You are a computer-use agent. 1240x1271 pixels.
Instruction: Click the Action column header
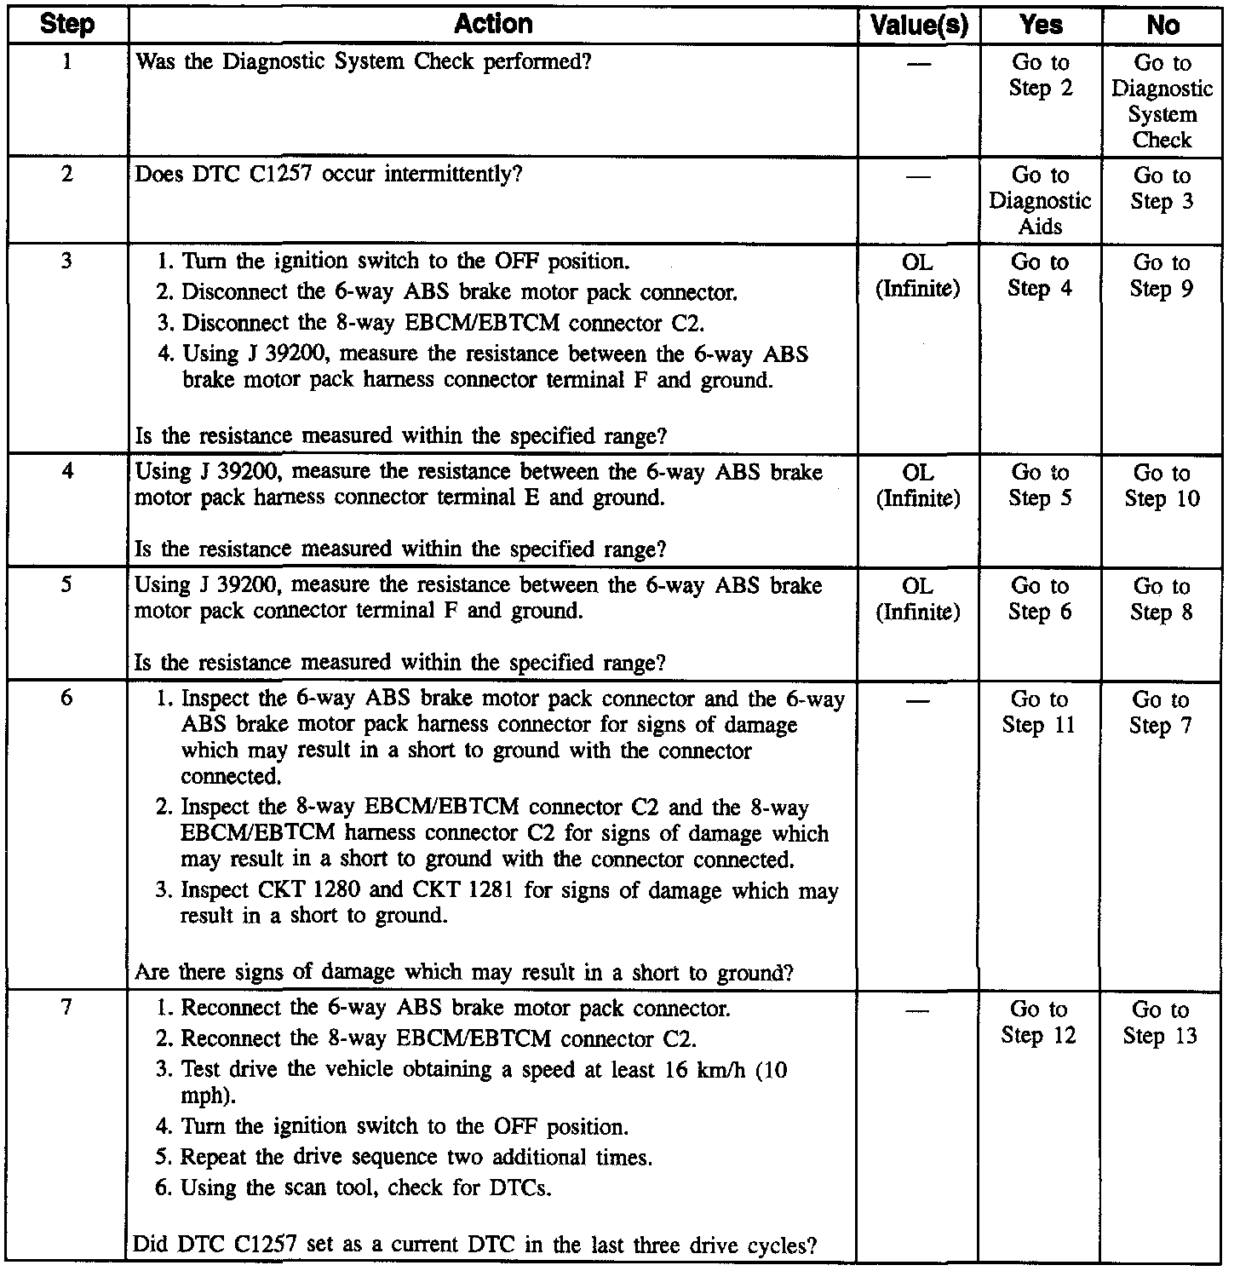(493, 24)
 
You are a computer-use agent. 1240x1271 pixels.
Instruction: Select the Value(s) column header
(919, 26)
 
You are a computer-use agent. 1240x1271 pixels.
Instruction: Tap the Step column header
(66, 25)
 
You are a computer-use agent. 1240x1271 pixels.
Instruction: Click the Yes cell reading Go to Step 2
(1040, 75)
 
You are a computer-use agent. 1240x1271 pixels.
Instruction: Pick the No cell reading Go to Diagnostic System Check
(1162, 101)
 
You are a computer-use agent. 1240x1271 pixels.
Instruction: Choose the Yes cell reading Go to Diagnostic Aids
(1040, 200)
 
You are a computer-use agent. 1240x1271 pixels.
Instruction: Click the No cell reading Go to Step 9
(1162, 275)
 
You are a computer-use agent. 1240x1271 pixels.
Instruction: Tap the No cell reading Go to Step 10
(1162, 486)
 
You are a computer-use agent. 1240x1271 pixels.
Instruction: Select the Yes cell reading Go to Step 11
(1039, 712)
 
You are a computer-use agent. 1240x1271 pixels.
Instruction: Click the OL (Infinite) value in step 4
(918, 486)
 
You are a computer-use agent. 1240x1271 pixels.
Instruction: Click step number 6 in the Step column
(66, 699)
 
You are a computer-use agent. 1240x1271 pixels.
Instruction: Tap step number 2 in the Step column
(66, 174)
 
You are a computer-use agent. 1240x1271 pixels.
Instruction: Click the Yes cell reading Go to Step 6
(1040, 599)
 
